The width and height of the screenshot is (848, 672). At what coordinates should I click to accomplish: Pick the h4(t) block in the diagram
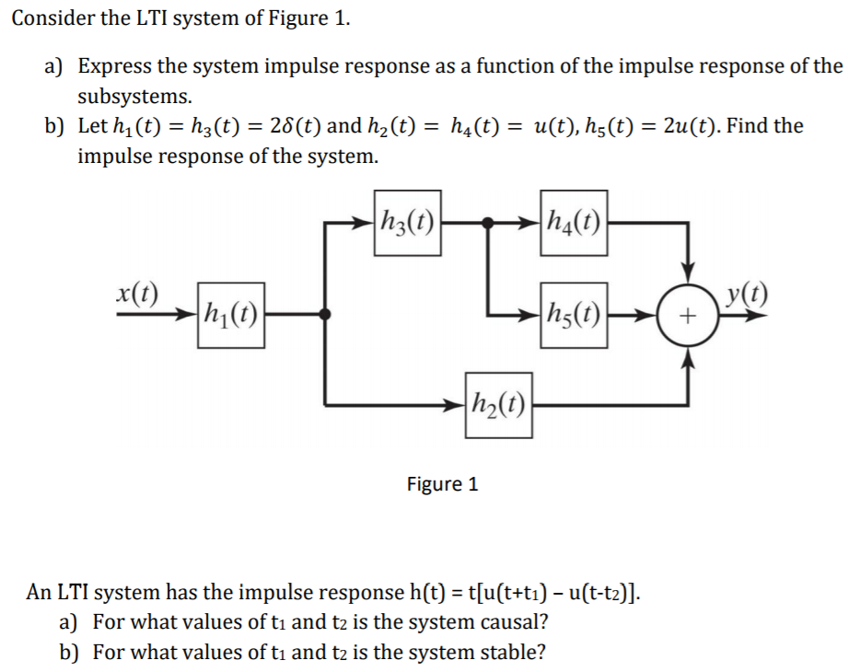[574, 222]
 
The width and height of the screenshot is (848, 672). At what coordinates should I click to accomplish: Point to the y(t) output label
[747, 295]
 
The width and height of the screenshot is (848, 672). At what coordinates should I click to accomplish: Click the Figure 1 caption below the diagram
[442, 483]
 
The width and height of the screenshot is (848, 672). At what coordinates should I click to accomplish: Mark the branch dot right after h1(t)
[324, 315]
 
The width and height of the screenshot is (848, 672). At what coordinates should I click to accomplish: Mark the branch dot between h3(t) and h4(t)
[488, 222]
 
